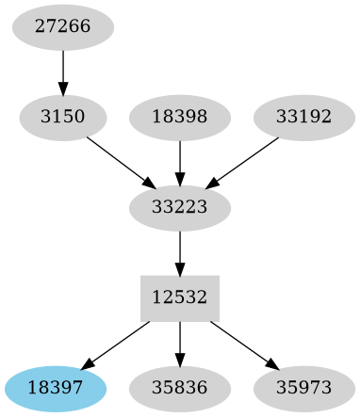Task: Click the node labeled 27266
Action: point(63,27)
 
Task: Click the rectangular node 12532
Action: point(180,297)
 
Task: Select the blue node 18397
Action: point(56,387)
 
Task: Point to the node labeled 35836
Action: point(180,387)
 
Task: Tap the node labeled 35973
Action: point(304,387)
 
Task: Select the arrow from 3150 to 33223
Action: point(120,161)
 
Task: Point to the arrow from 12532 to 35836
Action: point(180,343)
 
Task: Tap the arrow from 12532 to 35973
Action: point(244,345)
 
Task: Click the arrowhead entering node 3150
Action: point(63,90)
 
